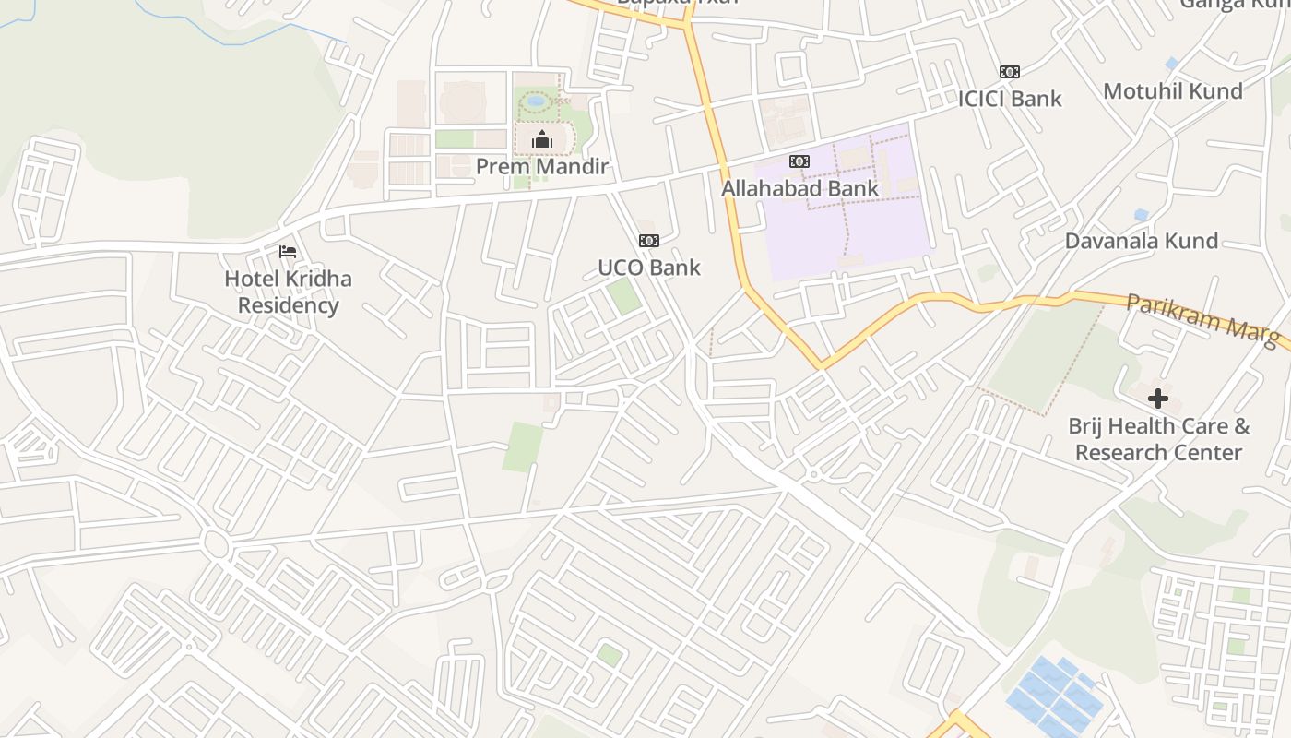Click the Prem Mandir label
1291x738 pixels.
[x=542, y=167]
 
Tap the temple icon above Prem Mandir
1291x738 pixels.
[x=542, y=140]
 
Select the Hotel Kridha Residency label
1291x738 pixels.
[x=288, y=292]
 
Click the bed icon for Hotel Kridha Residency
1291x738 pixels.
[x=288, y=251]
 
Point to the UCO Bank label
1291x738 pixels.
[x=649, y=268]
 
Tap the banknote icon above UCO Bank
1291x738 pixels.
[x=649, y=241]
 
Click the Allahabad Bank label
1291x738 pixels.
[x=799, y=188]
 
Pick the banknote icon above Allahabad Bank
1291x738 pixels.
[x=799, y=161]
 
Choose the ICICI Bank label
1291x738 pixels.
[x=1010, y=99]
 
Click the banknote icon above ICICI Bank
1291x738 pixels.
[x=1010, y=72]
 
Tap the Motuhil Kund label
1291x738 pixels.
[x=1173, y=91]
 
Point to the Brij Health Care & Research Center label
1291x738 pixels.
[x=1158, y=439]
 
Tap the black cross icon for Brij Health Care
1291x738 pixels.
[x=1158, y=399]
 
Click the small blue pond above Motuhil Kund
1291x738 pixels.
[x=1171, y=64]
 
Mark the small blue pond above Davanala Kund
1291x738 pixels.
[x=1142, y=215]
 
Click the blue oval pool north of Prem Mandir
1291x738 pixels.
[x=536, y=101]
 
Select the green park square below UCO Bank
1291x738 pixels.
[x=623, y=296]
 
